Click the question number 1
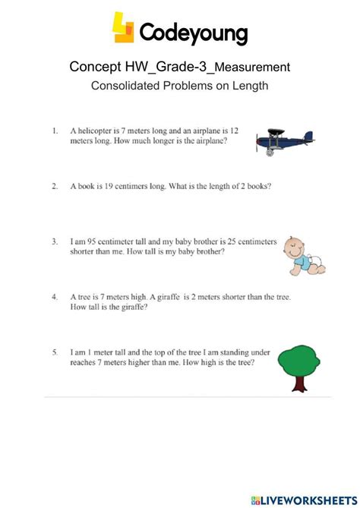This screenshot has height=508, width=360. point(55,130)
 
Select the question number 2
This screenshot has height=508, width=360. point(55,185)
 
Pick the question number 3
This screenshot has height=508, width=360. point(55,241)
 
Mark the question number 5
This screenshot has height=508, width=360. point(55,352)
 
